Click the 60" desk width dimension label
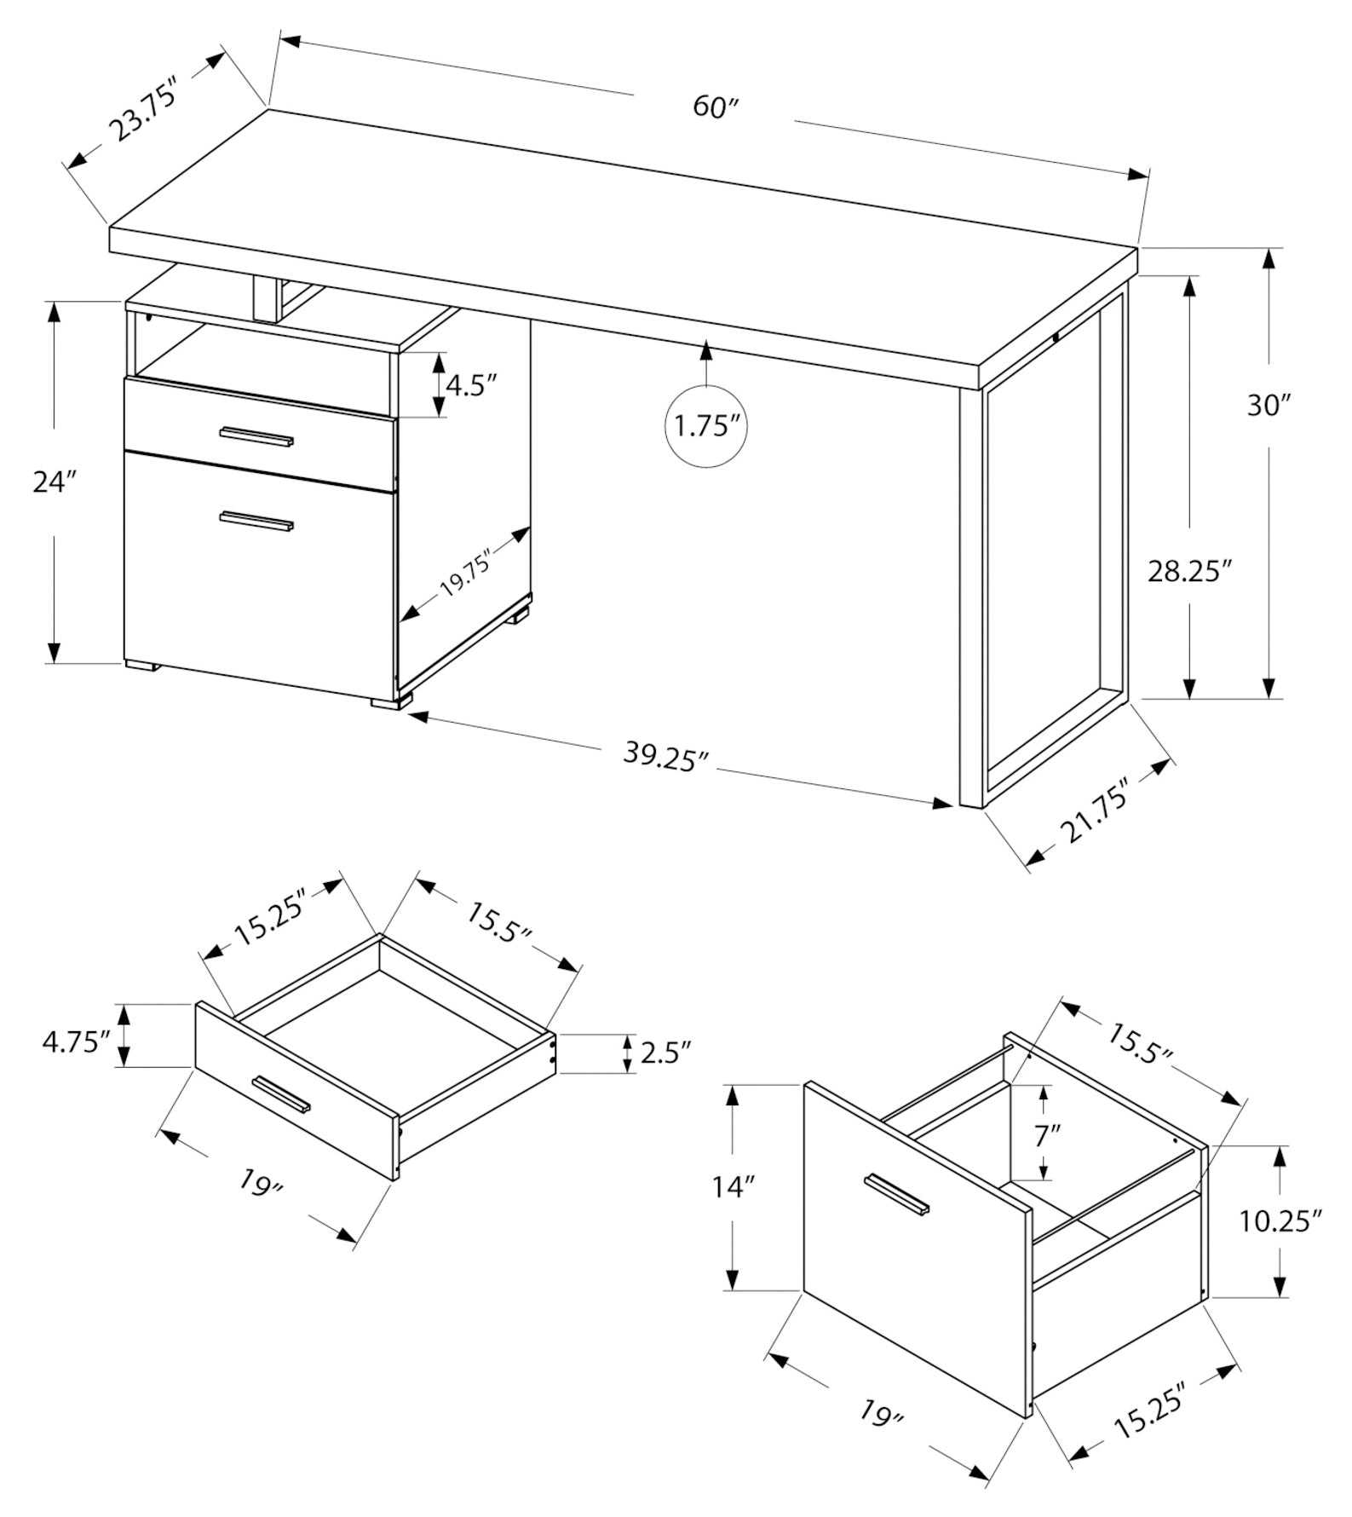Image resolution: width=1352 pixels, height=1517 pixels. (x=715, y=107)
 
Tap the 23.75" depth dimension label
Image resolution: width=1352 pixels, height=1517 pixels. (x=145, y=108)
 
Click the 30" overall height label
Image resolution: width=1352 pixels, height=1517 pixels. (x=1269, y=406)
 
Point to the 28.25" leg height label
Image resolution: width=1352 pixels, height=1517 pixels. (x=1190, y=570)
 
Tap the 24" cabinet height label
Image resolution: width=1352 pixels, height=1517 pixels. (x=55, y=482)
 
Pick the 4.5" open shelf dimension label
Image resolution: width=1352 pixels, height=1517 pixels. (x=471, y=385)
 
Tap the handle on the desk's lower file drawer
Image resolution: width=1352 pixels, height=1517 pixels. (x=256, y=521)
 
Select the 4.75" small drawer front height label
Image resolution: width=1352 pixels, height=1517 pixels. (x=77, y=1041)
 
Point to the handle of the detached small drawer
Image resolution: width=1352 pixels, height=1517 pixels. (x=281, y=1093)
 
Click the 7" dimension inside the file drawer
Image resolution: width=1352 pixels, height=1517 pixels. (x=1047, y=1134)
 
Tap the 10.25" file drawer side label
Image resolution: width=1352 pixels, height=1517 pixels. (x=1279, y=1220)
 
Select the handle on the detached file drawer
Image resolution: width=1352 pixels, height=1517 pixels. (x=897, y=1194)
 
